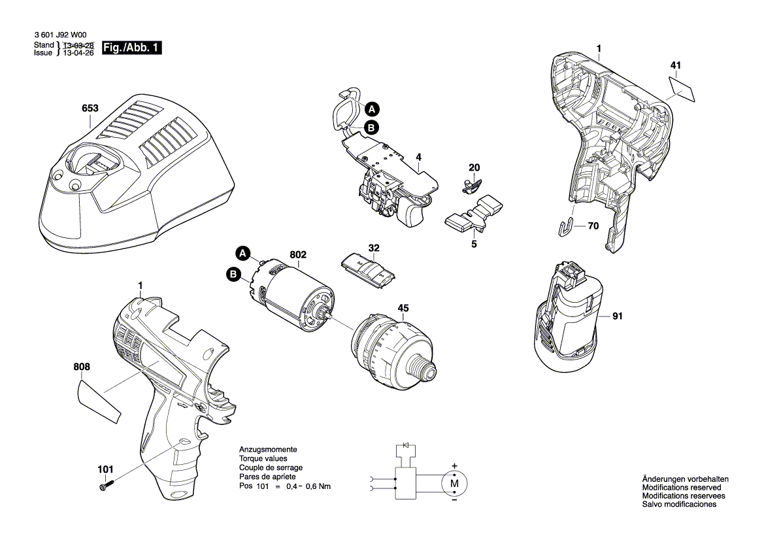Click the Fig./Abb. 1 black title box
[131, 48]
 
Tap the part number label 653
[90, 108]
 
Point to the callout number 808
[82, 367]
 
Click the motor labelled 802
[292, 295]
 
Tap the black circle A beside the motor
[242, 254]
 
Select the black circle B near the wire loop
[371, 127]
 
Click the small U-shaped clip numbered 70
[564, 228]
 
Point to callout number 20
[474, 167]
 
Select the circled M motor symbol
[454, 484]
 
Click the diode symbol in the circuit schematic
[405, 445]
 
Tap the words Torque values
[263, 459]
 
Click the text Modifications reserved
[682, 487]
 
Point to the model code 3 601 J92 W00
[60, 35]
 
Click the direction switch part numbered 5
[474, 214]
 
